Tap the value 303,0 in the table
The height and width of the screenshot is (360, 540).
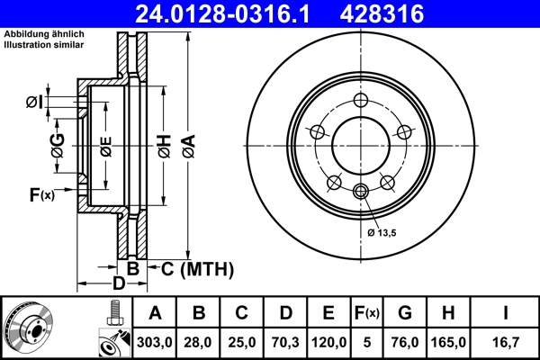point(155,342)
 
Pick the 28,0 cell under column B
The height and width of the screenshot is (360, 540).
point(199,342)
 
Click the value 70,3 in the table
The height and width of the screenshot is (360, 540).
point(285,342)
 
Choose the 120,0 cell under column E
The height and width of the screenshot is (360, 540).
point(329,342)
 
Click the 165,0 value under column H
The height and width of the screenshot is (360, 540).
point(450,342)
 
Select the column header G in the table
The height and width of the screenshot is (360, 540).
point(405,312)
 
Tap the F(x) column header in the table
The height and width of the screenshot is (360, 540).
point(368,312)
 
